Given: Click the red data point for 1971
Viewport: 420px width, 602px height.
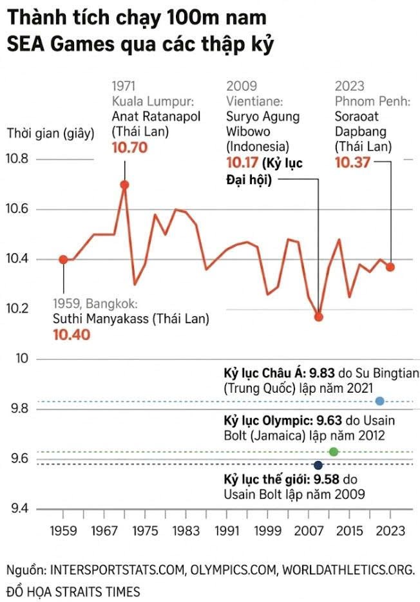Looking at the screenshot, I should (x=124, y=185).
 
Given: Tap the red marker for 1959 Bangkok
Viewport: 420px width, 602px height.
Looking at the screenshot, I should (x=63, y=259).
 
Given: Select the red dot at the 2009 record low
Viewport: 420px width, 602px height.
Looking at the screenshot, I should (x=318, y=317).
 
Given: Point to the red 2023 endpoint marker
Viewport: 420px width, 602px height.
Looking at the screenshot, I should (x=390, y=267).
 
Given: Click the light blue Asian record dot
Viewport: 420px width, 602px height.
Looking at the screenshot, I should (x=379, y=400).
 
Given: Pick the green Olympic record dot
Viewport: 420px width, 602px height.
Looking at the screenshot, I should (x=333, y=451).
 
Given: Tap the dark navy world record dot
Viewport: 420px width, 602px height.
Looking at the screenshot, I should (x=318, y=465).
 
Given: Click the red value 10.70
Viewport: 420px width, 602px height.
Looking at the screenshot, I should (x=129, y=147).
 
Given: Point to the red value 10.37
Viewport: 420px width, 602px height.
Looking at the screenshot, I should (x=352, y=163).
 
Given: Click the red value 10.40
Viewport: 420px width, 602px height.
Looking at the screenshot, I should (x=72, y=334).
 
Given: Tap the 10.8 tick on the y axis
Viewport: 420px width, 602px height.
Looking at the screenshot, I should (x=19, y=159).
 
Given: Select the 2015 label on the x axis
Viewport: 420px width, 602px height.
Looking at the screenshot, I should (x=350, y=532).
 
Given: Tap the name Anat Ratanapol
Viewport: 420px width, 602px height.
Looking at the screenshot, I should (x=156, y=117).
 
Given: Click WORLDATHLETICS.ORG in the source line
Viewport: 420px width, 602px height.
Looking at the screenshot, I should (x=348, y=570).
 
